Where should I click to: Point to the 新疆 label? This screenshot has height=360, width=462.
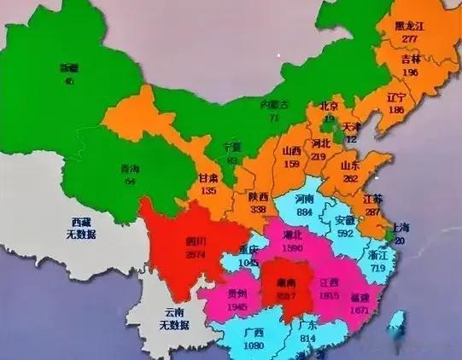click(68, 67)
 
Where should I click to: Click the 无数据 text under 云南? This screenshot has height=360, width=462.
click(175, 324)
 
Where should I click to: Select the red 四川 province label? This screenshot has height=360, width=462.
click(195, 241)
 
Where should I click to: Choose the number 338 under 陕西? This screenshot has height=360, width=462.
click(258, 209)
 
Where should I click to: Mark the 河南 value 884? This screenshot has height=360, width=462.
click(303, 210)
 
